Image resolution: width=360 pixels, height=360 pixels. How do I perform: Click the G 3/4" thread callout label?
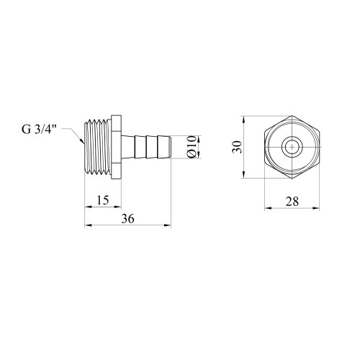tap(38, 130)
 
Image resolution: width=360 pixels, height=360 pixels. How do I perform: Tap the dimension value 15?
tap(103, 200)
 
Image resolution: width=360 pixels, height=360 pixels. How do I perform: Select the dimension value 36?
tap(127, 219)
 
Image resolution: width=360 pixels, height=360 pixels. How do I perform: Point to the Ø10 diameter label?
tap(192, 147)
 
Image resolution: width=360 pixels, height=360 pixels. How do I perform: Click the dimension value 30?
tap(238, 147)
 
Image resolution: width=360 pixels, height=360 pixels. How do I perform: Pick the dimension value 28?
tap(292, 202)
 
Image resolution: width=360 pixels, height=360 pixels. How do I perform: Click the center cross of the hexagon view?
tap(292, 147)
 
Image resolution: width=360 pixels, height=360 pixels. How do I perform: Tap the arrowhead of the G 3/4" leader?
tap(82, 140)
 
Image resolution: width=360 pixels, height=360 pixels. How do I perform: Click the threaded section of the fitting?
tap(98, 147)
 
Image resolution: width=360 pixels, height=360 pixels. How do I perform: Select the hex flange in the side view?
tap(117, 147)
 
